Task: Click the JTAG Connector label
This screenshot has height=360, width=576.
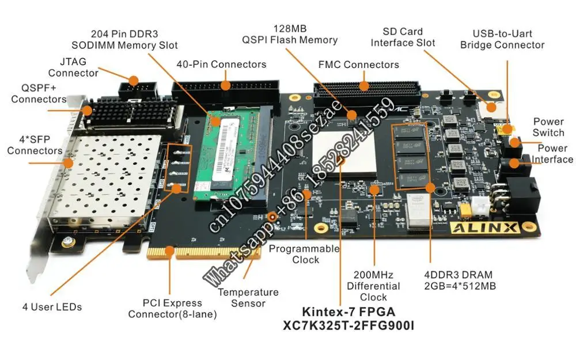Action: [73, 67]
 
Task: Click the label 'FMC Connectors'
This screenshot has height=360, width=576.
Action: [358, 65]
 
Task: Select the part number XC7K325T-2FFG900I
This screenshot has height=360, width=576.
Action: [348, 325]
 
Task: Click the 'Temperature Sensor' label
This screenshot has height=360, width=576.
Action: [248, 298]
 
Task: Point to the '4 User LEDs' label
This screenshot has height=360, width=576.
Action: [52, 307]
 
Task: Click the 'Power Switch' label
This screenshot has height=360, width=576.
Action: [548, 127]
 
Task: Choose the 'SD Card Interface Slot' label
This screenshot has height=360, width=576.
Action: [403, 37]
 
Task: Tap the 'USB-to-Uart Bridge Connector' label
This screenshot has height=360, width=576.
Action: [502, 39]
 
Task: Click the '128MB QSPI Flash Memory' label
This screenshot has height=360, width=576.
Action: [289, 34]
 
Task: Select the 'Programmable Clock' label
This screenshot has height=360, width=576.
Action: [305, 254]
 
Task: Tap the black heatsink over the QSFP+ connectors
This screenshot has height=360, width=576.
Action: [129, 112]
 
